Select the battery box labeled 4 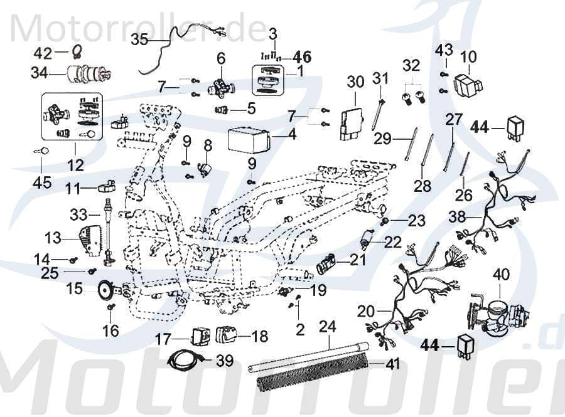[x=249, y=139]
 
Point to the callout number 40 [x=501, y=274]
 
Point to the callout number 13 [x=53, y=237]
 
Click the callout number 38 [x=458, y=217]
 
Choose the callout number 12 [x=75, y=166]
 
